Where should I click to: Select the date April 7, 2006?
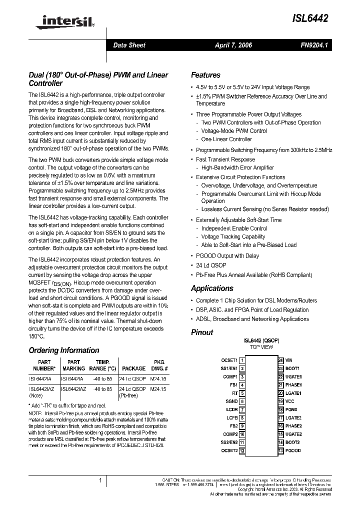(x=233, y=45)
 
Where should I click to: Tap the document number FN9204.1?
(x=313, y=45)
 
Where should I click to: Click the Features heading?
(x=205, y=75)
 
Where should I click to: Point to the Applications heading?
(x=212, y=288)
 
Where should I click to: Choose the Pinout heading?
(x=202, y=332)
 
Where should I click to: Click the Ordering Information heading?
(x=64, y=350)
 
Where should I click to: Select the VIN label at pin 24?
(x=289, y=360)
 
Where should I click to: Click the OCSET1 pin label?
(x=229, y=360)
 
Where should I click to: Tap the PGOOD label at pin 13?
(x=293, y=451)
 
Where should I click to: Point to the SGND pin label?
(x=231, y=401)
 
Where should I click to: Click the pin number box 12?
(x=242, y=451)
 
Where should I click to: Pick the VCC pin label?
(x=290, y=401)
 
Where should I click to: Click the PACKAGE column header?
(x=133, y=368)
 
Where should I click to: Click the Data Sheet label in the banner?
(x=129, y=45)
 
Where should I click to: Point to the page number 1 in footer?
(x=100, y=480)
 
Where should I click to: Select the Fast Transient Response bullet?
(x=225, y=159)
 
